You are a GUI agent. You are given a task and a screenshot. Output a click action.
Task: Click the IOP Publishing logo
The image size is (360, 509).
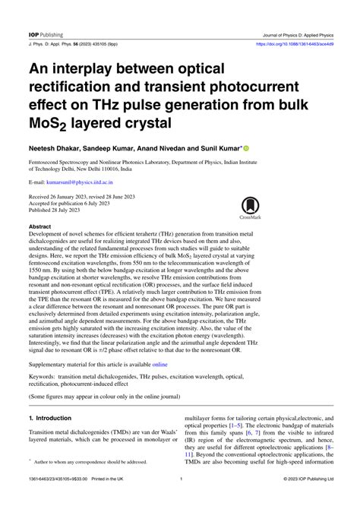[x=46, y=14]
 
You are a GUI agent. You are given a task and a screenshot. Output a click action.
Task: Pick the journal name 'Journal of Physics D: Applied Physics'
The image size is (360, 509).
[x=291, y=14]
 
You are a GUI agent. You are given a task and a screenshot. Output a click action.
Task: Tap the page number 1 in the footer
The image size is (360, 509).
[x=180, y=499]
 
